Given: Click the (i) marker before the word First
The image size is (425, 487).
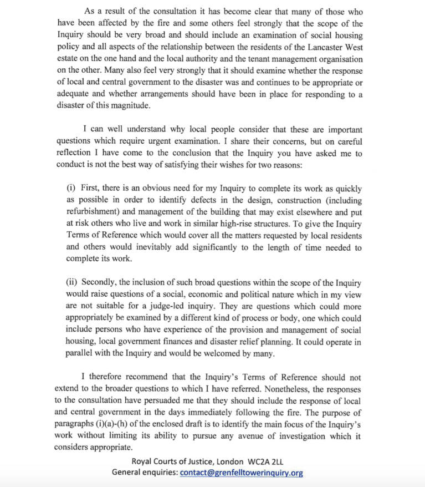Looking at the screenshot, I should coord(71,190).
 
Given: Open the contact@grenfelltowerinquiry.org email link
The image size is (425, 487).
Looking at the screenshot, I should coord(242,473).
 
